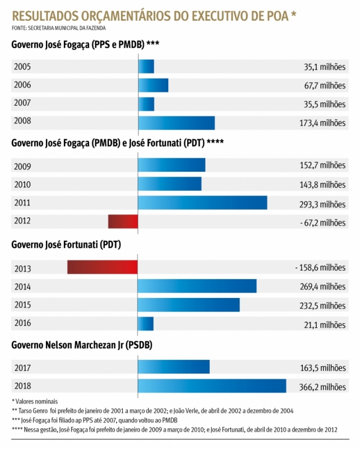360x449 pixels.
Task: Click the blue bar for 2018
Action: coord(212,386)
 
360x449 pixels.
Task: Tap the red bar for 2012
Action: coord(123,222)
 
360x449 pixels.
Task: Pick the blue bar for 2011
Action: coord(202,203)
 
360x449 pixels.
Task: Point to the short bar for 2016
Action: coord(146,324)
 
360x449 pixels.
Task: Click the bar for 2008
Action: coord(176,123)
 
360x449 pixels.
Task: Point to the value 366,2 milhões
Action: coord(322,387)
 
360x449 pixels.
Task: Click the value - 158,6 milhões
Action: coord(320,268)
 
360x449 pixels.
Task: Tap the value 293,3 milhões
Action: coord(322,204)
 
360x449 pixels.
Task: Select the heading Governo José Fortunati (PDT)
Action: coord(66,244)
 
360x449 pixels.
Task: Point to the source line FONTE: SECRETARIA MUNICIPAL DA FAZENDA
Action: coord(58,28)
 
